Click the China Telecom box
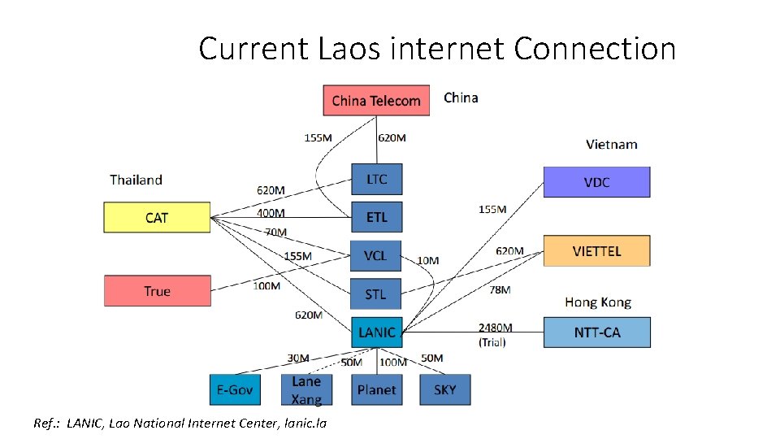pyautogui.click(x=376, y=101)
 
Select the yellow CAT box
pyautogui.click(x=157, y=218)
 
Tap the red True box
pyautogui.click(x=157, y=291)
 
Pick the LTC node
pyautogui.click(x=376, y=179)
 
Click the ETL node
pyautogui.click(x=376, y=217)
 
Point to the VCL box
pyautogui.click(x=375, y=256)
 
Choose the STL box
pyautogui.click(x=375, y=294)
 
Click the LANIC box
pyautogui.click(x=376, y=333)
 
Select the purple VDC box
pyautogui.click(x=596, y=182)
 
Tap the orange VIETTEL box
pyautogui.click(x=596, y=251)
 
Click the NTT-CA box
pyautogui.click(x=597, y=333)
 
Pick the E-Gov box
pyautogui.click(x=235, y=389)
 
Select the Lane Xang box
pyautogui.click(x=306, y=389)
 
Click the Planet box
pyautogui.click(x=376, y=389)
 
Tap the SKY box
pyautogui.click(x=444, y=389)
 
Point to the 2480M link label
pyautogui.click(x=496, y=328)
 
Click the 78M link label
pyautogui.click(x=500, y=289)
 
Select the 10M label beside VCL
pyautogui.click(x=428, y=260)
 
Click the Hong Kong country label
pyautogui.click(x=598, y=302)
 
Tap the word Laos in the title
pyautogui.click(x=349, y=49)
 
